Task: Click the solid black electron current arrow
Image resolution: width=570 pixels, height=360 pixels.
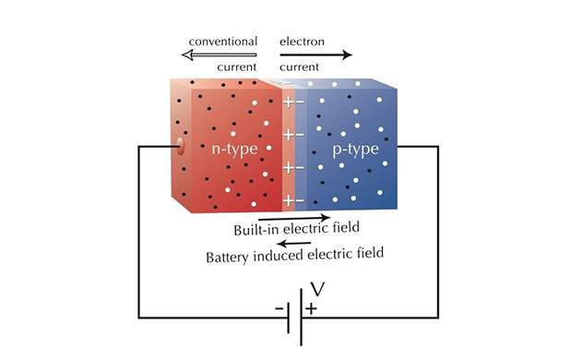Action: click(x=316, y=55)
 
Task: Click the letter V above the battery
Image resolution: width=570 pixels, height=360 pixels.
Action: click(x=316, y=290)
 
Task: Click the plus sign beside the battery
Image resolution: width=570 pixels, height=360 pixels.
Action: click(x=313, y=308)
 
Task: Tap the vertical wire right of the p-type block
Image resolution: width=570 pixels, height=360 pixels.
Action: click(x=438, y=231)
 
